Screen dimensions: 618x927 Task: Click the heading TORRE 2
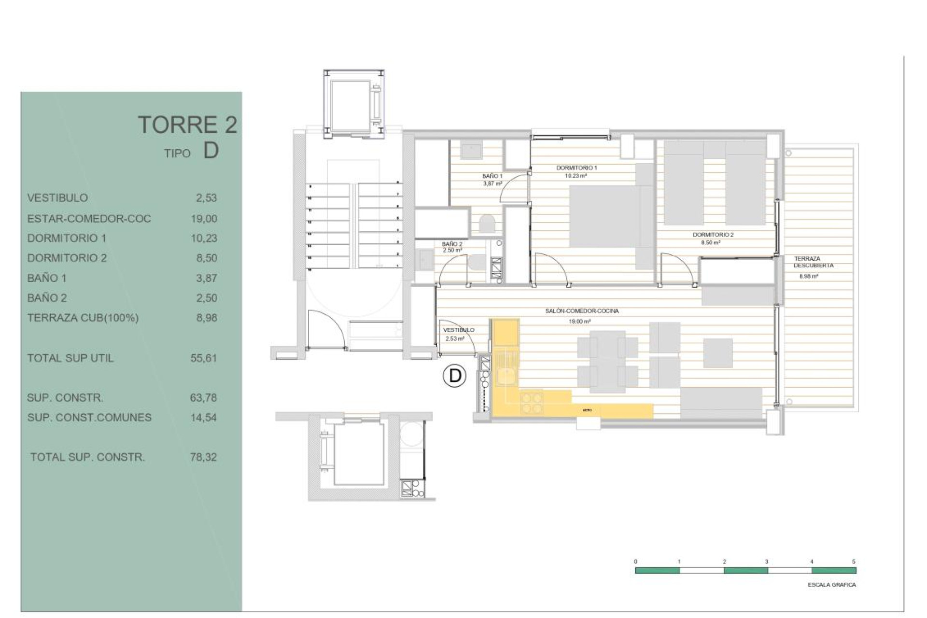coord(187,125)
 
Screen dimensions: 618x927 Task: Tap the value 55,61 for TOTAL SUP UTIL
coord(204,358)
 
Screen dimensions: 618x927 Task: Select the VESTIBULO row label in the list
coord(57,198)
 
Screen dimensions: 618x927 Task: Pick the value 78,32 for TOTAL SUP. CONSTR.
coord(203,457)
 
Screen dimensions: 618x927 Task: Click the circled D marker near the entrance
coord(454,376)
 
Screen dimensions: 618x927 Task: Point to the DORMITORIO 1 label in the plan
coord(576,168)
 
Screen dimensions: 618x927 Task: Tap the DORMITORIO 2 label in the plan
coord(713,235)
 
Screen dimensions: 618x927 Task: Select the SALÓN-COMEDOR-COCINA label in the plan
coord(581,311)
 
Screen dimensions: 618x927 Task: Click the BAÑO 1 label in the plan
coord(492,176)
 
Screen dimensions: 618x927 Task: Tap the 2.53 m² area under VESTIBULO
coord(454,339)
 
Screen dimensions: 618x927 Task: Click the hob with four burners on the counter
coord(531,403)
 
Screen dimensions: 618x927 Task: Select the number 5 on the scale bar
coord(854,562)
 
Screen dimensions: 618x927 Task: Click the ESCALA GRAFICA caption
coord(831,585)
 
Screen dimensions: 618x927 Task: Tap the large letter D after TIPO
coord(211,151)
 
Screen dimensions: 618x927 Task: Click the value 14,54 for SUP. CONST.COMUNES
coord(203,418)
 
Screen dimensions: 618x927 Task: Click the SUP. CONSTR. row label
coord(65,398)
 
